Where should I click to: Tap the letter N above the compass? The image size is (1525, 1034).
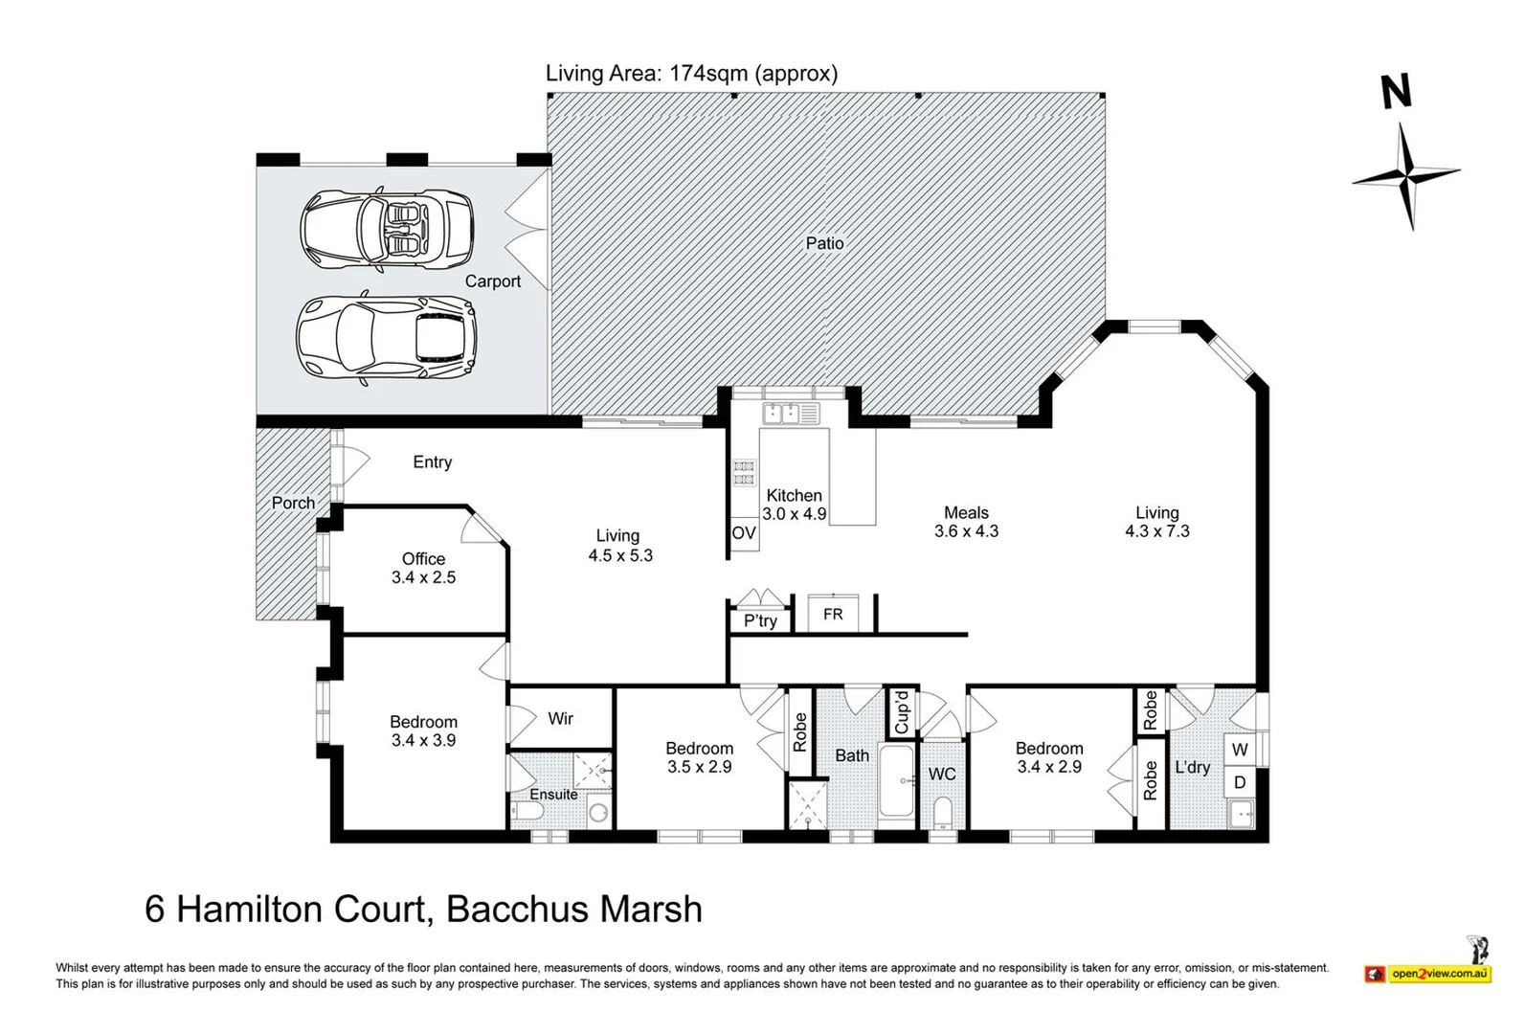point(1397,92)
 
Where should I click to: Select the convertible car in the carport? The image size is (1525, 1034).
point(387,228)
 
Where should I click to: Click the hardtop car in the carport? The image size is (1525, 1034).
point(386,337)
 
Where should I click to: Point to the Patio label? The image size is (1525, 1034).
point(824,243)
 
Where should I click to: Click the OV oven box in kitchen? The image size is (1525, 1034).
point(744,533)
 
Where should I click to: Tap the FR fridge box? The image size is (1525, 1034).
point(833,614)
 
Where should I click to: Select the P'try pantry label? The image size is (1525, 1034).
point(760,620)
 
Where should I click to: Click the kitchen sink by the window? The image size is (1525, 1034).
point(791,414)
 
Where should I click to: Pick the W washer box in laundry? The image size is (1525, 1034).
point(1240,750)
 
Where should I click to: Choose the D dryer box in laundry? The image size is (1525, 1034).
point(1240,782)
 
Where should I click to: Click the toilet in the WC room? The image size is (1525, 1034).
point(943,812)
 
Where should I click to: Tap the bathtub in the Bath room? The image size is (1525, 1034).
point(897,781)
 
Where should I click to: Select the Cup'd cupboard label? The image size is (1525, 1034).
point(902,712)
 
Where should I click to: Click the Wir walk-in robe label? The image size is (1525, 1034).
point(560,718)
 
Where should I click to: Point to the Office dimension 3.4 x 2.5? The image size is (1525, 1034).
point(423,577)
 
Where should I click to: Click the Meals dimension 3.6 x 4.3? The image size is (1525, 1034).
point(966,531)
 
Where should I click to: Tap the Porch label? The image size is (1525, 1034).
point(294,503)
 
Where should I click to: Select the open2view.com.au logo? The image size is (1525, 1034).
point(1428,973)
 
